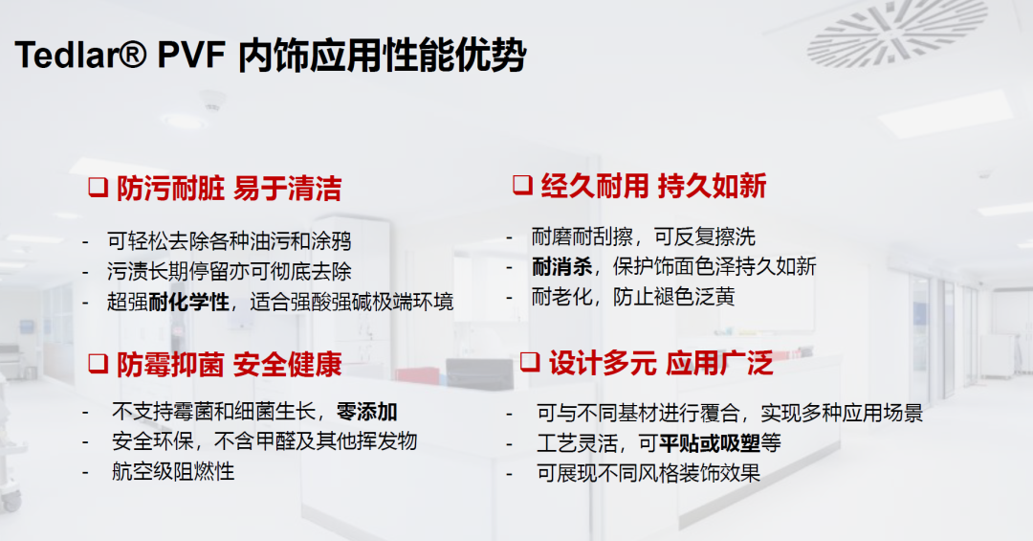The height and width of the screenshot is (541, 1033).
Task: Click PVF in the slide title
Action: point(191,54)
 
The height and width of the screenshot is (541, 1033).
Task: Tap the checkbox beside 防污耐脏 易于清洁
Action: point(99,188)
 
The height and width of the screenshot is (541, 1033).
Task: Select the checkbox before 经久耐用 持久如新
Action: point(522,184)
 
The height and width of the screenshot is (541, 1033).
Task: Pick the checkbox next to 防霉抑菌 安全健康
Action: point(99,364)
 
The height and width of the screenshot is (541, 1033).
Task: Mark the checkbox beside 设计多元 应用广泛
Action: point(530,362)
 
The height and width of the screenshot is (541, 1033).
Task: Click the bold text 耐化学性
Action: point(189,303)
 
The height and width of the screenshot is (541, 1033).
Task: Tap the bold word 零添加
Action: point(367,412)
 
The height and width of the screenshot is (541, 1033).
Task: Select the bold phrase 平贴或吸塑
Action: point(710,442)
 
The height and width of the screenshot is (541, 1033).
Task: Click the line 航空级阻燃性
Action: point(173,471)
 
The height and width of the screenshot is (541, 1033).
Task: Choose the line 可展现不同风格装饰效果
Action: point(648,473)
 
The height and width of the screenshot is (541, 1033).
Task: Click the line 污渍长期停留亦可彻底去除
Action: point(230,271)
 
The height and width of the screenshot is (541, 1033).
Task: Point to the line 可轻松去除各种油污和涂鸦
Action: point(230,240)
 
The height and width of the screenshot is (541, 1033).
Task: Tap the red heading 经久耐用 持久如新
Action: point(653,186)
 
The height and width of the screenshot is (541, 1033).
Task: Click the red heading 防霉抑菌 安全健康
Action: point(230,364)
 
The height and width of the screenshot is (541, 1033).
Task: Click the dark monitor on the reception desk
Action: point(479,374)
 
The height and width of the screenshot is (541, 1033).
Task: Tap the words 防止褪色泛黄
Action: point(673,297)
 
